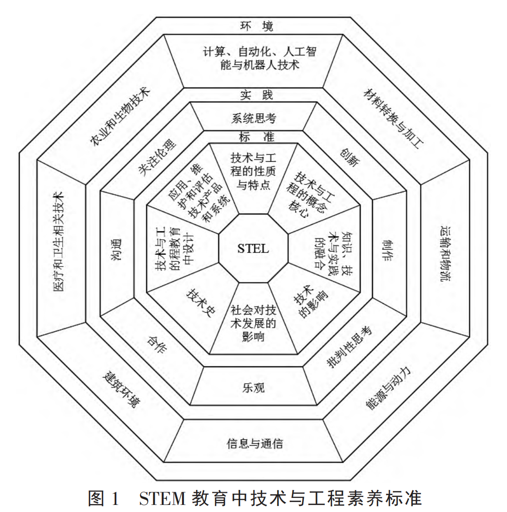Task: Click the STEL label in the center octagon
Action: (x=253, y=248)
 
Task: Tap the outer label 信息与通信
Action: (x=255, y=443)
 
